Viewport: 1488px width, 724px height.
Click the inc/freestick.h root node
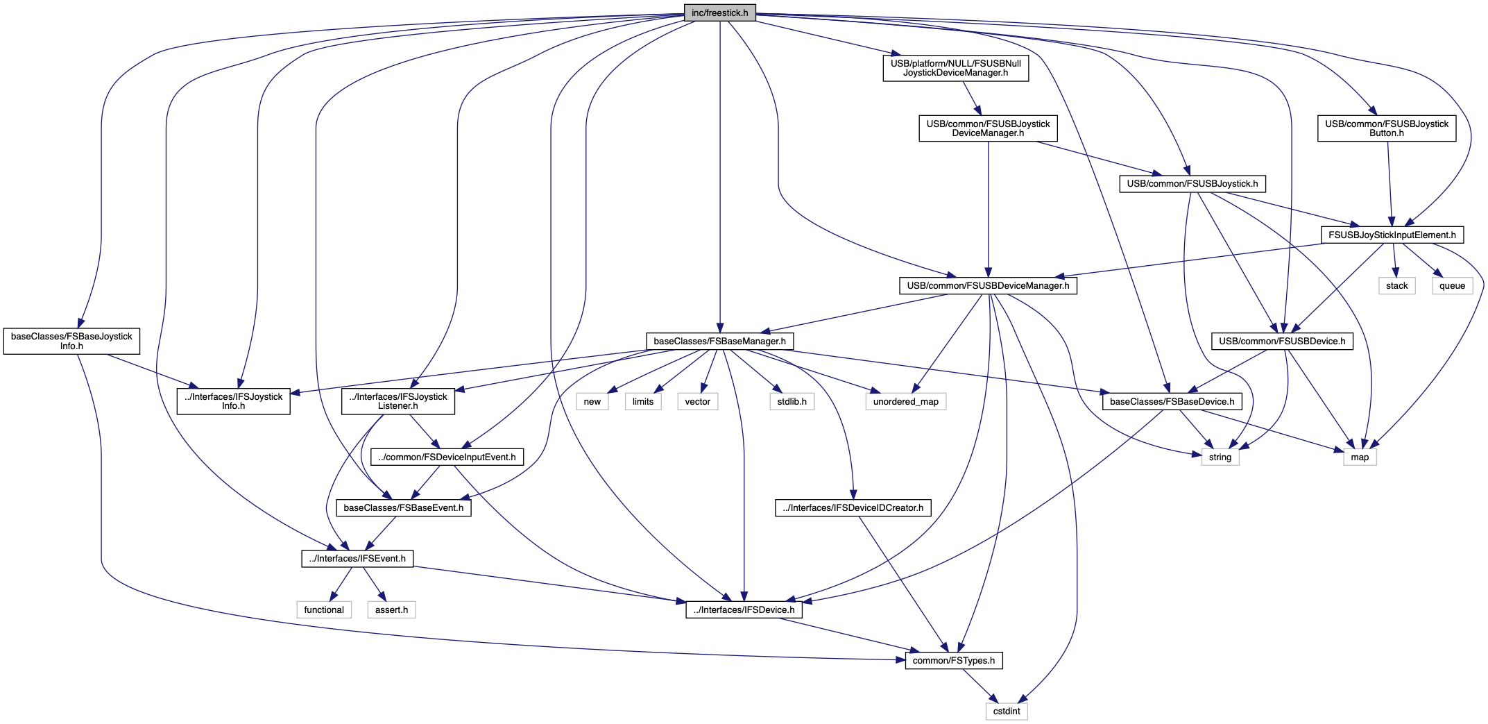(x=719, y=13)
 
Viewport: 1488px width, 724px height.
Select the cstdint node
(x=1006, y=711)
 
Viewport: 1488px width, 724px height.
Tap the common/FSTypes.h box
(x=953, y=660)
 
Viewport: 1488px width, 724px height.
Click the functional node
(x=324, y=609)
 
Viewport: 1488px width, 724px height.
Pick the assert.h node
(x=391, y=609)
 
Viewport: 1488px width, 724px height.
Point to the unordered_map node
(x=905, y=401)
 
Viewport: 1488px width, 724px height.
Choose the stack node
(x=1396, y=285)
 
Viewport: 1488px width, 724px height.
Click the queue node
(x=1452, y=285)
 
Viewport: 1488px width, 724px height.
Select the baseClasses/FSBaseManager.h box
(x=719, y=341)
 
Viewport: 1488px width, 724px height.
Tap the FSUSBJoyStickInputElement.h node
(x=1392, y=235)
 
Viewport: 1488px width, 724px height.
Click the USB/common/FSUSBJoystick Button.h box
(x=1387, y=128)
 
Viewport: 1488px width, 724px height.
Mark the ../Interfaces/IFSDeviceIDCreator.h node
(x=853, y=507)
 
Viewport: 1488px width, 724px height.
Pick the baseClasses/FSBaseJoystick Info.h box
(x=71, y=341)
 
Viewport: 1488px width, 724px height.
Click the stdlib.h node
(x=792, y=401)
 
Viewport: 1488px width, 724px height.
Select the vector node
(x=697, y=401)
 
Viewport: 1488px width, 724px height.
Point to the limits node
(x=643, y=401)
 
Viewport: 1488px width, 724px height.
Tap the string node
(x=1220, y=457)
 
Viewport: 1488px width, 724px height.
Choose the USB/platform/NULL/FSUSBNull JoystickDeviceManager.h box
(x=955, y=68)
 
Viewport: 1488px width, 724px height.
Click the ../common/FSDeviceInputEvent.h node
(x=447, y=457)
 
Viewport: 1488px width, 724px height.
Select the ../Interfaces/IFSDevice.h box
(x=744, y=609)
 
